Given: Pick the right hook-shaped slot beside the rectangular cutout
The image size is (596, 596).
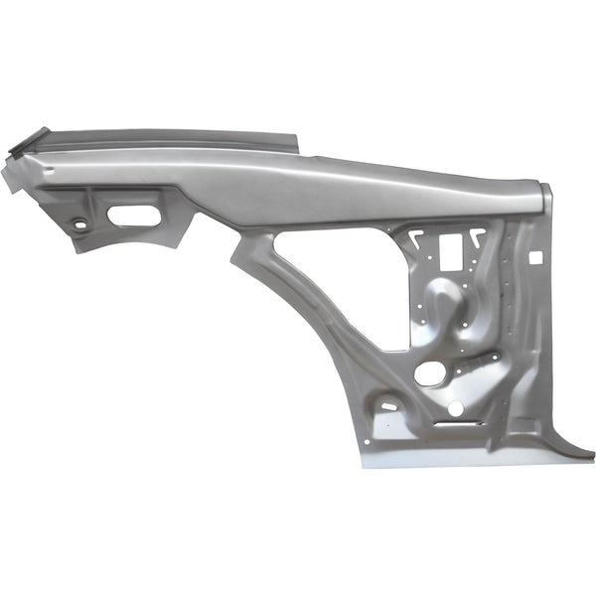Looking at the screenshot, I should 478,237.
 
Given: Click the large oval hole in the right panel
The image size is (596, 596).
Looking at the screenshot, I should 430,373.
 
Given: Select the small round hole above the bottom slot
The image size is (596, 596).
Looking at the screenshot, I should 455,408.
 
